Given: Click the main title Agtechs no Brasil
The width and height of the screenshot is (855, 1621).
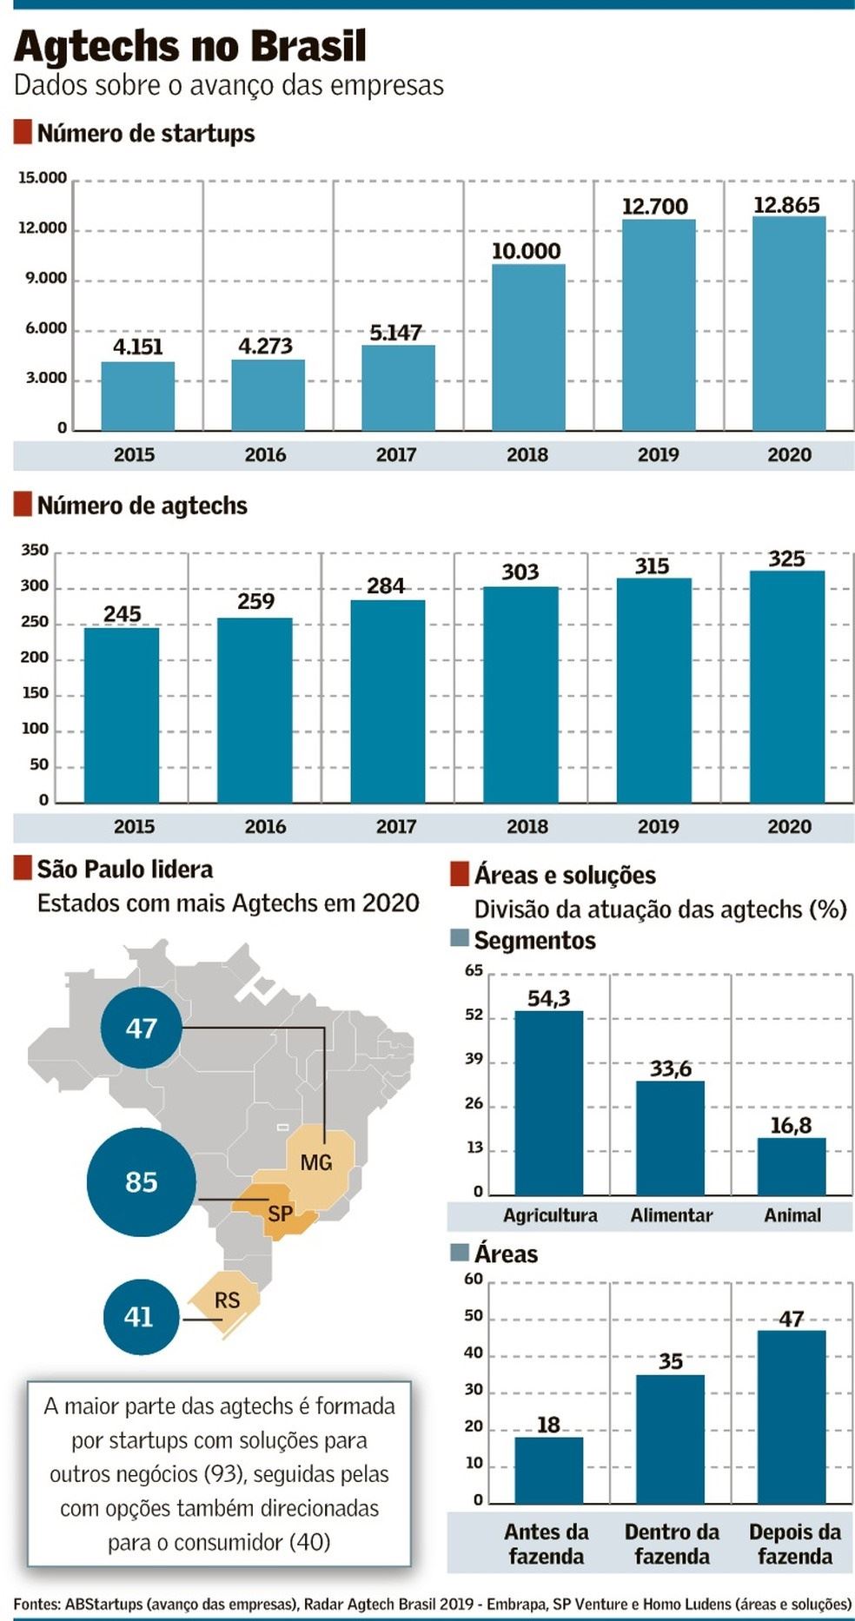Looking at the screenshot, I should click(x=189, y=47).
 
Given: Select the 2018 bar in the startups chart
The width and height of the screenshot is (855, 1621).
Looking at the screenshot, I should click(x=527, y=347).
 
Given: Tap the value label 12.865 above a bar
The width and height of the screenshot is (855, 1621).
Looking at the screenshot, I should click(x=786, y=205).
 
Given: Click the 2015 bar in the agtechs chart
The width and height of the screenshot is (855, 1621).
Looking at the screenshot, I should click(x=122, y=714).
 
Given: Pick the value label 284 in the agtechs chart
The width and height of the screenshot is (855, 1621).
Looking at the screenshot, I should click(x=386, y=586).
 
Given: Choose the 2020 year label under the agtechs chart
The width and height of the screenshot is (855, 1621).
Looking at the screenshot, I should click(x=789, y=826).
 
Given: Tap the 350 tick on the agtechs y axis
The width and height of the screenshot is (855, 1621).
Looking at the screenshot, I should click(x=35, y=550).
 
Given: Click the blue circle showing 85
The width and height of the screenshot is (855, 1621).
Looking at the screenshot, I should click(x=141, y=1181).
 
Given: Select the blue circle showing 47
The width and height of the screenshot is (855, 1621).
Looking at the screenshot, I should click(x=141, y=1028).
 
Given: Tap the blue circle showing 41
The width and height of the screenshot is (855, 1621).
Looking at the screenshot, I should click(x=140, y=1317).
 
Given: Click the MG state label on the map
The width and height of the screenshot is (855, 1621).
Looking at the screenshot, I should click(x=316, y=1162).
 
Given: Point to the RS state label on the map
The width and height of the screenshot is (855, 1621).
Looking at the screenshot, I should click(x=227, y=1300).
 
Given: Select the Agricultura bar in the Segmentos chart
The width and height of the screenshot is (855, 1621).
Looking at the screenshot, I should click(x=548, y=1103).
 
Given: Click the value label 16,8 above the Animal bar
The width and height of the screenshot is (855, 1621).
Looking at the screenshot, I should click(x=791, y=1126).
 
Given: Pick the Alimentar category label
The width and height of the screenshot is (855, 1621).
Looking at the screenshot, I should click(x=671, y=1215).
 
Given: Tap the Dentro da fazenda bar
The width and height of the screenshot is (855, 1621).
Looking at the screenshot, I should click(x=670, y=1439).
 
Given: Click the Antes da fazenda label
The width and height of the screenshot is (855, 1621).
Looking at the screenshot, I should click(x=547, y=1544).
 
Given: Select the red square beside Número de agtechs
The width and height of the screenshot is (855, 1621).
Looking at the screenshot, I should click(x=23, y=505).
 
